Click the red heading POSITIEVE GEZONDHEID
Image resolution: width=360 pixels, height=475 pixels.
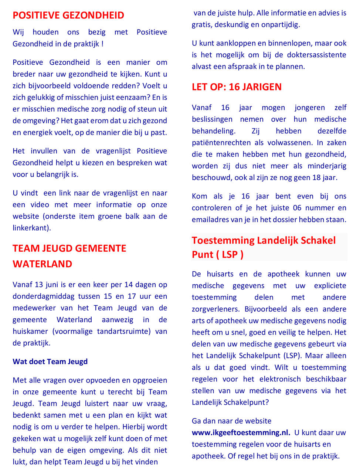(x=68, y=16)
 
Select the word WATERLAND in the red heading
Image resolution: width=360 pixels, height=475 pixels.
(x=43, y=264)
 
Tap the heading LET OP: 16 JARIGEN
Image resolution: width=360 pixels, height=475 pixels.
(x=237, y=87)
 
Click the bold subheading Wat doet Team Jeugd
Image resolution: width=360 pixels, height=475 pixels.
(x=50, y=362)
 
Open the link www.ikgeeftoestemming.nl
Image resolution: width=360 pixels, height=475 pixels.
(x=241, y=432)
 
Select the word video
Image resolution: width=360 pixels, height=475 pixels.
(x=40, y=204)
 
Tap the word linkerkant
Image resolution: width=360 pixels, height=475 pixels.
(x=31, y=228)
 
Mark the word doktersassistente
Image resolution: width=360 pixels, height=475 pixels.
(x=315, y=55)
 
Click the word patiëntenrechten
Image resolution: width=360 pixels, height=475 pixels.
(x=221, y=142)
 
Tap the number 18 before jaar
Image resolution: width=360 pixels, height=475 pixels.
(x=316, y=177)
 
